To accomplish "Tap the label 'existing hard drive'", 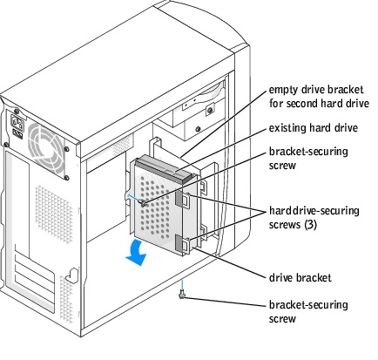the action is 314,128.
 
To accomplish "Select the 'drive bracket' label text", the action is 300,278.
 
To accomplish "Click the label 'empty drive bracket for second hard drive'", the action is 319,97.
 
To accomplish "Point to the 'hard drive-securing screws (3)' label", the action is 314,218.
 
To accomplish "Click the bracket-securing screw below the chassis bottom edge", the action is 182,295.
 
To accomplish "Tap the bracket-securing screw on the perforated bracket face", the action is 143,203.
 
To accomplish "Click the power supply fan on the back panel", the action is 46,148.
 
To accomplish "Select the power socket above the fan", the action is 17,123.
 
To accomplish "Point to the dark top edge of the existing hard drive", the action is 165,168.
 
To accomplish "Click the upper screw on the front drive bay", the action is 209,110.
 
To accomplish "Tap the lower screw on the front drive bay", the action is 198,129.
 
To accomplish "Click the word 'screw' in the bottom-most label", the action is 282,319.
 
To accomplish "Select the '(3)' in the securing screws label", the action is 310,225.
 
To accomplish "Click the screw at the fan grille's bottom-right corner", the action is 67,177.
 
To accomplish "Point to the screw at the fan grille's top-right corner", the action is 66,149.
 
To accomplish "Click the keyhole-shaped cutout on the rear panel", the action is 72,275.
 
